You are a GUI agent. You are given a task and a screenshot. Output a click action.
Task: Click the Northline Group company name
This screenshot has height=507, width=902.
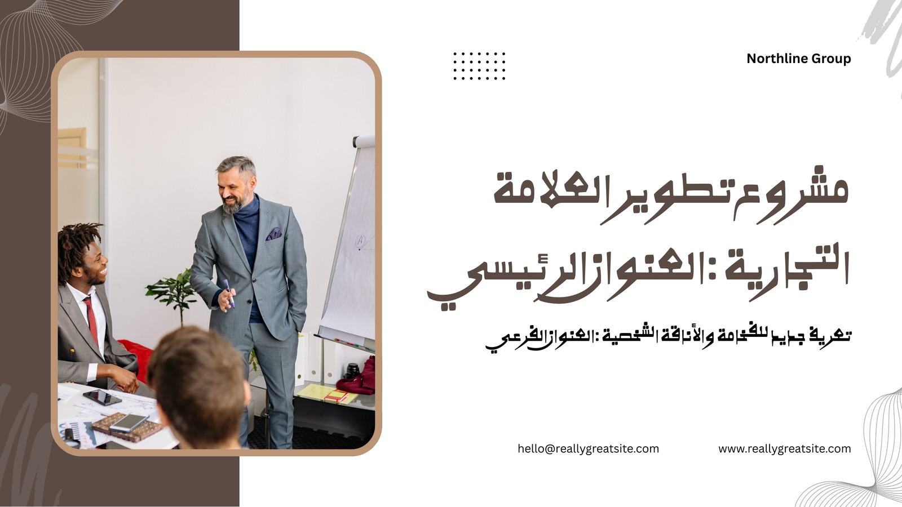tap(798, 59)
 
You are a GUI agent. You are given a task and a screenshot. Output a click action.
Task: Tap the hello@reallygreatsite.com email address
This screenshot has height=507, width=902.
tap(589, 449)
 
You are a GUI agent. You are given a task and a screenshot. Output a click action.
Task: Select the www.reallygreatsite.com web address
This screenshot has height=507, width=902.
tap(784, 449)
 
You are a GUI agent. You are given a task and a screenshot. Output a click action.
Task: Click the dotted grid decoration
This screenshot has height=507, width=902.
tap(479, 66)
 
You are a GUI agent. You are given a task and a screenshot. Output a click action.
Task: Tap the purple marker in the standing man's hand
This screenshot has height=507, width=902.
tap(229, 293)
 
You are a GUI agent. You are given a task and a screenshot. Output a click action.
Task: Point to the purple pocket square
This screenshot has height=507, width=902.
tap(274, 234)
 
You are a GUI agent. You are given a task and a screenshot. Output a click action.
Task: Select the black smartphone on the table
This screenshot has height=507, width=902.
tap(102, 397)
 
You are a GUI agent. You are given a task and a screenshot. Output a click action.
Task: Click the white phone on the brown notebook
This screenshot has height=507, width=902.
tap(129, 423)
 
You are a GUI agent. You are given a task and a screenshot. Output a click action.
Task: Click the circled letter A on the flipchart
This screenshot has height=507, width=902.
tap(360, 241)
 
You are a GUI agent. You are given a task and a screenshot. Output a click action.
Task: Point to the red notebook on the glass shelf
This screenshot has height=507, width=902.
tap(336, 396)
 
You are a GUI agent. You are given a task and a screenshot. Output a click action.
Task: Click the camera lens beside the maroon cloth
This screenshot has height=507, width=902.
tap(352, 370)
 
